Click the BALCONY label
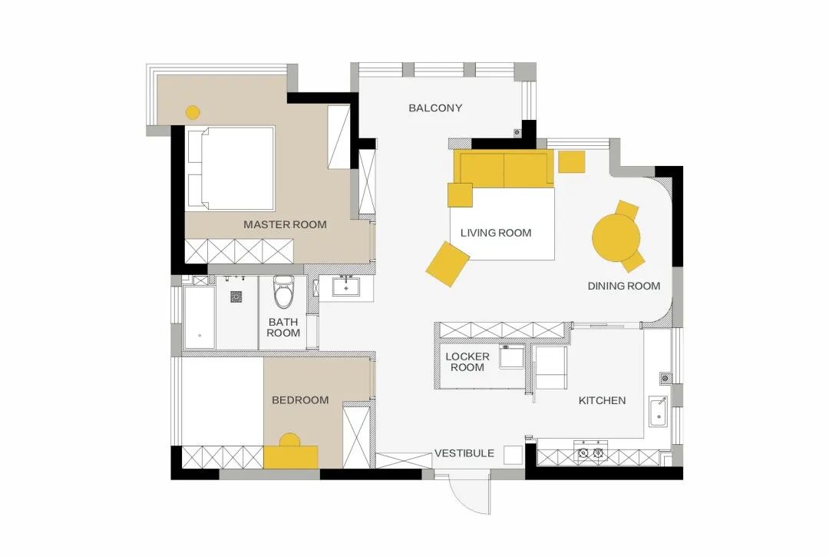tap(435, 108)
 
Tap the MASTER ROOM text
tap(285, 224)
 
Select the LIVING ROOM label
tap(496, 233)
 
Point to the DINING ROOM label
tap(624, 286)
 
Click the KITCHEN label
tap(603, 400)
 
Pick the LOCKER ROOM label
tap(467, 362)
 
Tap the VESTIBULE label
tap(464, 453)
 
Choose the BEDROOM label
tap(300, 400)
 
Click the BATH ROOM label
tap(283, 327)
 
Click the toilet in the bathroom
tap(283, 292)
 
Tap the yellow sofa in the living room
tap(504, 169)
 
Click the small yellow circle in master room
tap(193, 113)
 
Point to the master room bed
tap(230, 168)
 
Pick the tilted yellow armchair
tap(448, 264)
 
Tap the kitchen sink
tap(659, 412)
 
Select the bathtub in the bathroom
tap(200, 317)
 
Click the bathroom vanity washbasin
tap(345, 287)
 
